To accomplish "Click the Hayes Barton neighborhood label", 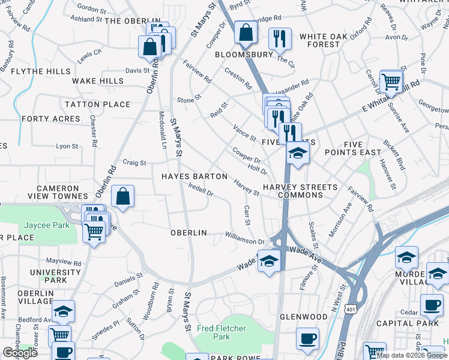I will (x=194, y=176).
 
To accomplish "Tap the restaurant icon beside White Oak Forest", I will (x=280, y=39).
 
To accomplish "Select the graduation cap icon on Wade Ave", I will (x=269, y=261).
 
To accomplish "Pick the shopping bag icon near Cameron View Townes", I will (x=122, y=197).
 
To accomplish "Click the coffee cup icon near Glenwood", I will (x=308, y=339).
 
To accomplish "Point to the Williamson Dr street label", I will (x=244, y=238).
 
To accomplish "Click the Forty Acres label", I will (x=42, y=119).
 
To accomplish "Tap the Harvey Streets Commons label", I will (x=301, y=191).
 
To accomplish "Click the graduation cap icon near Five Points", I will (x=297, y=153).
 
